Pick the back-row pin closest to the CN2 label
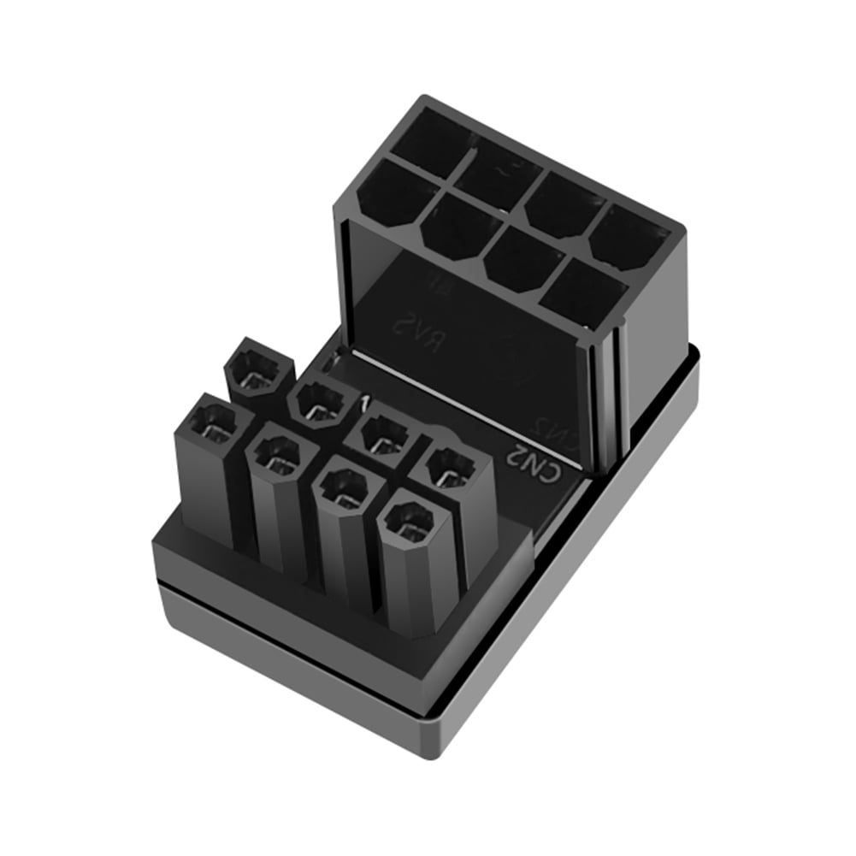[450, 469]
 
